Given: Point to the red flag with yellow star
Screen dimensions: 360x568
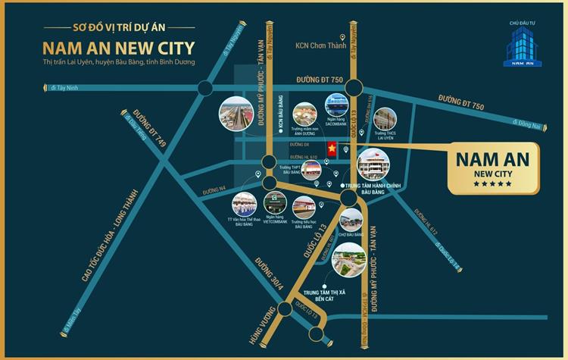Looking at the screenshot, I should coord(332,149).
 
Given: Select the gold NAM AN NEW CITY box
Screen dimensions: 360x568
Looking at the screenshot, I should coord(494,167).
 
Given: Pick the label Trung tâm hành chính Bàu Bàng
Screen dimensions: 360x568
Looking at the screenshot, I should coord(370,189).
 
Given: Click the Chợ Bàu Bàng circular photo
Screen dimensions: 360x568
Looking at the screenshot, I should coord(351,221).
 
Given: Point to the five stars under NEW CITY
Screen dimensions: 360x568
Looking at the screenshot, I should coord(492,183).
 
